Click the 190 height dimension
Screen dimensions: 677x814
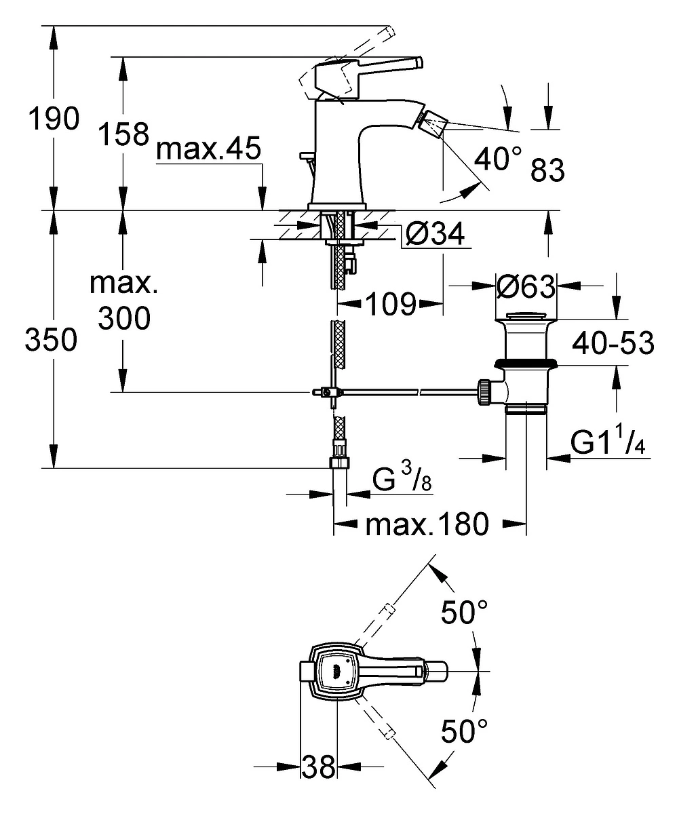click(x=54, y=119)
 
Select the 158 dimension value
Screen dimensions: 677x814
click(x=123, y=134)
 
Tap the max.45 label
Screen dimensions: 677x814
click(x=208, y=149)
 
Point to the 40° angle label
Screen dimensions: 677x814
click(x=498, y=159)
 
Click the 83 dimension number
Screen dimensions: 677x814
click(x=547, y=170)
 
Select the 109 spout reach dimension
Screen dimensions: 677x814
click(x=391, y=304)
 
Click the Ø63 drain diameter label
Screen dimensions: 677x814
click(x=525, y=286)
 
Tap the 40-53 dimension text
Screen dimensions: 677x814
click(x=613, y=343)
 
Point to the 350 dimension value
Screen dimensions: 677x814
click(x=51, y=340)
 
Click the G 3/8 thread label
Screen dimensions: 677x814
click(x=402, y=479)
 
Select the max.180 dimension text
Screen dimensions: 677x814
click(x=427, y=524)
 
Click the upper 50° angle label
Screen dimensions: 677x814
click(x=465, y=613)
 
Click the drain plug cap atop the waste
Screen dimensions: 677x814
click(x=526, y=316)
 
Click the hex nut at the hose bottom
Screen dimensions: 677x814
click(x=339, y=463)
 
